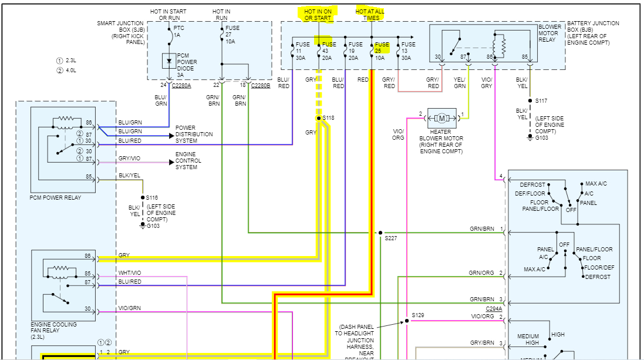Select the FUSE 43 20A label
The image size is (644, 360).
click(x=329, y=51)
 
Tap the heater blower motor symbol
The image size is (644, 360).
click(x=441, y=117)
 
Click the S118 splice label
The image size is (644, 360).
click(x=328, y=118)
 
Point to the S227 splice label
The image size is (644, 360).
click(x=391, y=238)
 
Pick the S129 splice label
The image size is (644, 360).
click(x=417, y=315)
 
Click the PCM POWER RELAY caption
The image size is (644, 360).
click(x=56, y=197)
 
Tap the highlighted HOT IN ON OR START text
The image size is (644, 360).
click(x=318, y=14)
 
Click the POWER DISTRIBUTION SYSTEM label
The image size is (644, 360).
click(x=194, y=134)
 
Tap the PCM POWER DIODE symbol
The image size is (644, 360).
click(x=170, y=60)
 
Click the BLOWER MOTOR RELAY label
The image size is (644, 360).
click(x=550, y=33)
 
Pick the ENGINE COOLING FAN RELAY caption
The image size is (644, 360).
click(x=54, y=328)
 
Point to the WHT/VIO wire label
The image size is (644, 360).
click(x=130, y=272)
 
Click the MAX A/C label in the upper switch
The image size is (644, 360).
click(x=596, y=184)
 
